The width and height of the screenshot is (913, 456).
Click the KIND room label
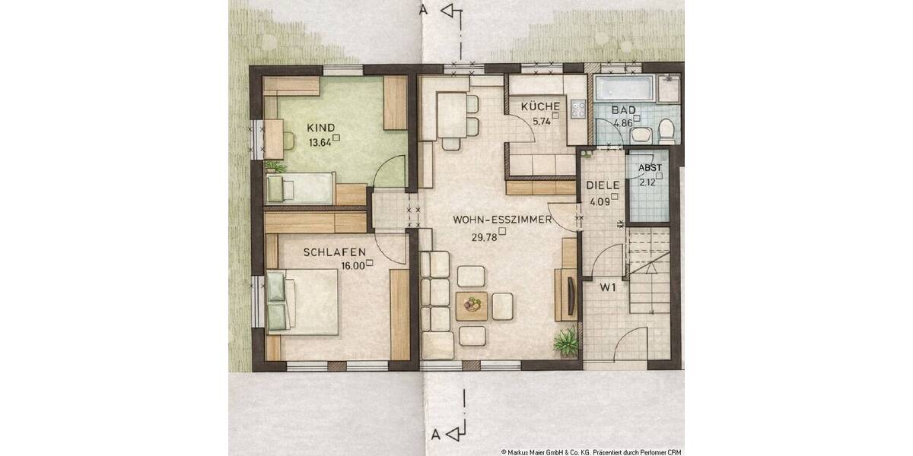(320, 127)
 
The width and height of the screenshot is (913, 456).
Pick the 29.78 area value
(484, 237)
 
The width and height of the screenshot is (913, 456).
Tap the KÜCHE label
(540, 107)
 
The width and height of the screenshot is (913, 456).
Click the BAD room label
(623, 110)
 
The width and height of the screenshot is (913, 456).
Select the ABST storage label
(649, 168)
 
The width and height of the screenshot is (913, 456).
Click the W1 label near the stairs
(607, 287)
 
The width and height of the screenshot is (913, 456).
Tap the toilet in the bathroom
(667, 131)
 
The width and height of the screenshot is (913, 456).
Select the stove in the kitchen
(577, 109)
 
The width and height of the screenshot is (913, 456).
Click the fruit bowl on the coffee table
(474, 305)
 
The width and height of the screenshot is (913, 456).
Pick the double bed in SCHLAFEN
(304, 302)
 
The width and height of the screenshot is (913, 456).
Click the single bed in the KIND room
(301, 186)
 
